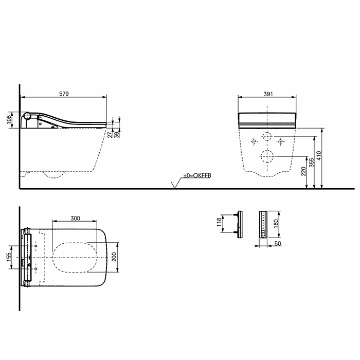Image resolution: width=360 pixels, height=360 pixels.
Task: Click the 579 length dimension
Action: pos(64,94)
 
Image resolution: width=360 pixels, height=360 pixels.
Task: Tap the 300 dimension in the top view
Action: pos(75,219)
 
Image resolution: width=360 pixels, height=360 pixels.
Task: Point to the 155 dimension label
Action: pos(8,257)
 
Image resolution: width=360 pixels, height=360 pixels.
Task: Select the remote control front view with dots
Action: pos(263,224)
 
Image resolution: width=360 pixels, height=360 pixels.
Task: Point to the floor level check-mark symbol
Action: pos(175,184)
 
